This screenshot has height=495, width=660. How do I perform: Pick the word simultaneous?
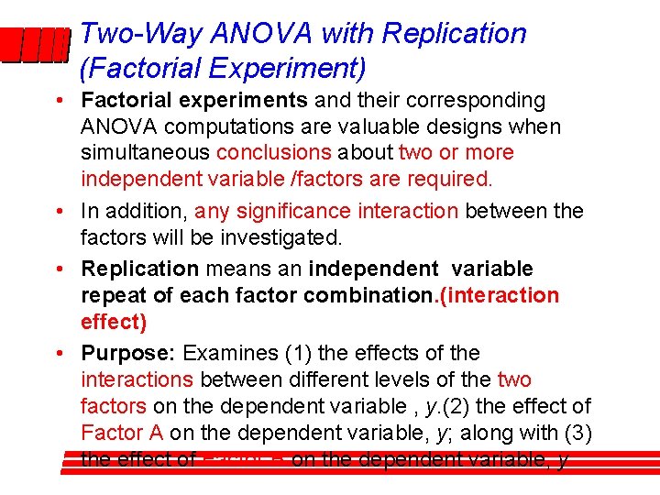pos(145,152)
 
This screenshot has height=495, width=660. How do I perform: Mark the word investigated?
pos(286,237)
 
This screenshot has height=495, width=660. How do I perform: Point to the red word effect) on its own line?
pos(114,322)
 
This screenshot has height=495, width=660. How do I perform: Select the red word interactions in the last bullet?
pos(137,379)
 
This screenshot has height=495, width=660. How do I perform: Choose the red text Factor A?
pos(122,433)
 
